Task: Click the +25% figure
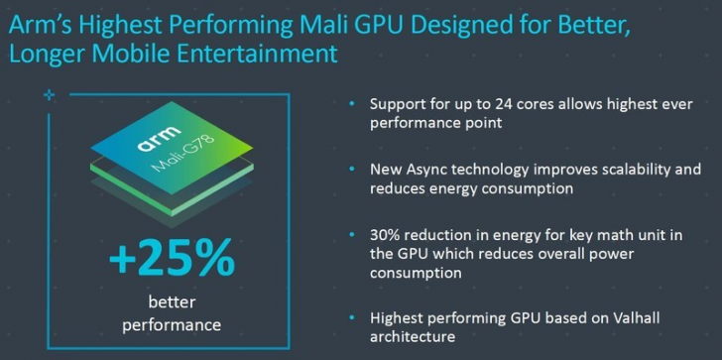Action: click(171, 260)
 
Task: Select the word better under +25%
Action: click(172, 302)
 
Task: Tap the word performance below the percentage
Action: click(172, 324)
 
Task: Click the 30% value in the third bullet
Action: click(385, 234)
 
